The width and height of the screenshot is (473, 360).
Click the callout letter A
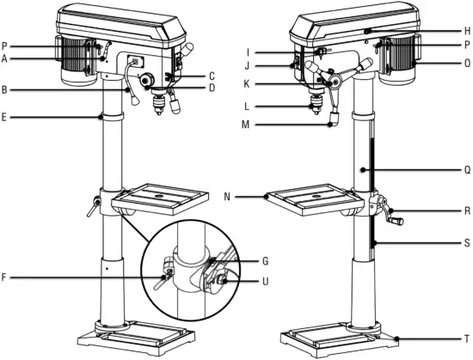tap(6, 58)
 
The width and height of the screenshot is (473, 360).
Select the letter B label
tap(6, 88)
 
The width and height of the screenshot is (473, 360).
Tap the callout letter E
tap(6, 117)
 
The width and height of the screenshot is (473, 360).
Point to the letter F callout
tap(6, 277)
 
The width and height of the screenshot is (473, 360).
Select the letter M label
tap(272, 126)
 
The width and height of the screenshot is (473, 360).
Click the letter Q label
tap(466, 170)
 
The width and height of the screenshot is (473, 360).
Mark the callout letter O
tap(466, 63)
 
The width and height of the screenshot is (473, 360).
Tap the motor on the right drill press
tap(398, 62)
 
